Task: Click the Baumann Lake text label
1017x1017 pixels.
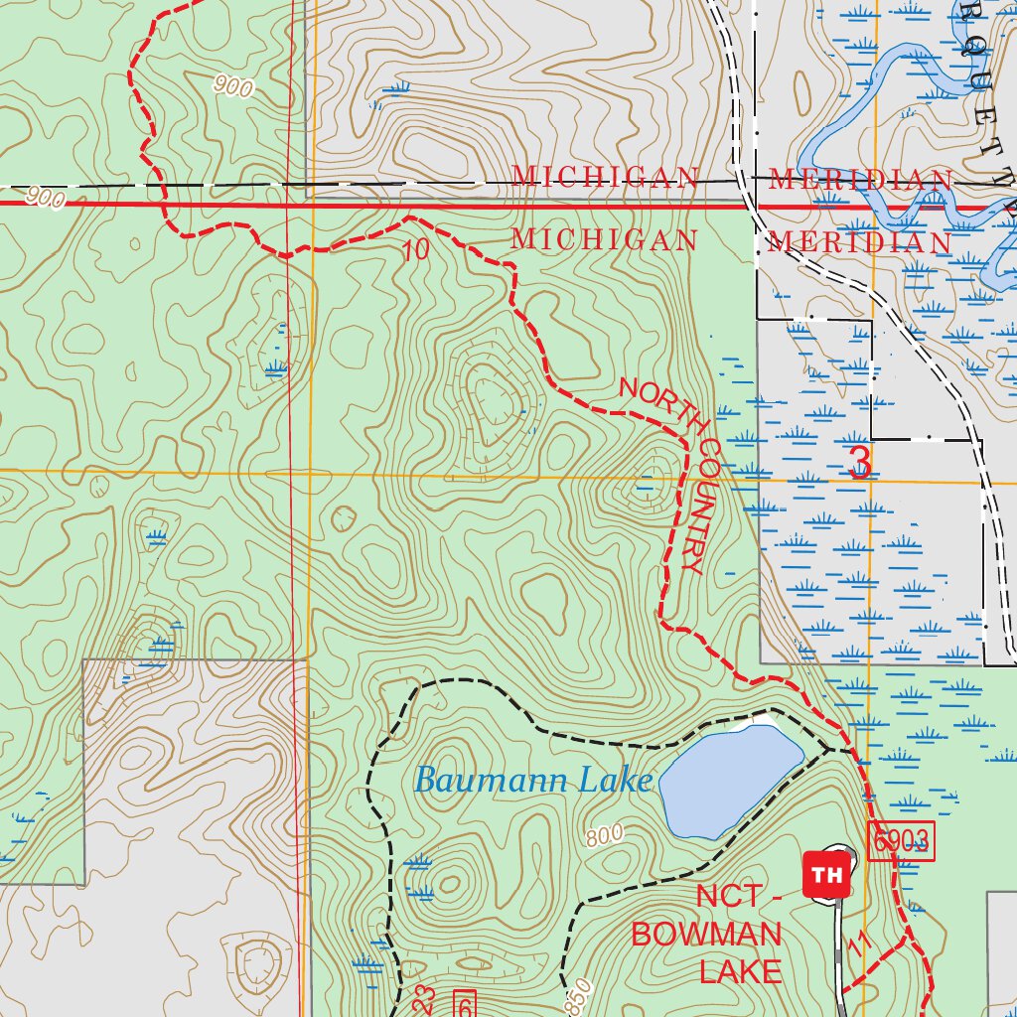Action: (532, 781)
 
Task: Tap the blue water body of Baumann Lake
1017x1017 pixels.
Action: (729, 781)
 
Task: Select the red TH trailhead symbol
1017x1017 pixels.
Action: (825, 874)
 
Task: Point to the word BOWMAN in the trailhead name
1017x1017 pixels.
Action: (707, 934)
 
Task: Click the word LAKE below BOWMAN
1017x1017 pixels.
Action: (741, 970)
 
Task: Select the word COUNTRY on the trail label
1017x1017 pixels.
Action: (699, 507)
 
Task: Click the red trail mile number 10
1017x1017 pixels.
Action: (417, 250)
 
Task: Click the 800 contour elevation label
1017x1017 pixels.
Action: (604, 835)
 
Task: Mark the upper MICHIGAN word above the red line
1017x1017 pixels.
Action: (605, 177)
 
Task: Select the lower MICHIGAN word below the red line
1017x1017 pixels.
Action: (605, 240)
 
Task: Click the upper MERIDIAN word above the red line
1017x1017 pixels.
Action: (860, 180)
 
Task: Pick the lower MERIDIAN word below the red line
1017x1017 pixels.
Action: (860, 242)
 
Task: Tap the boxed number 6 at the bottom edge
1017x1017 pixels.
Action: (464, 1002)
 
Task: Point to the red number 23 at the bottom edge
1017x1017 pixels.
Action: (424, 999)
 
